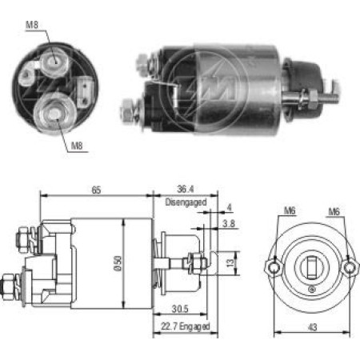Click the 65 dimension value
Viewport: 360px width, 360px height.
(x=96, y=190)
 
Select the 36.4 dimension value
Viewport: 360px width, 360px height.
(x=186, y=189)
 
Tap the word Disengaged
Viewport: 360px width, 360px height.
(x=186, y=202)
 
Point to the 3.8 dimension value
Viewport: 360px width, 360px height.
(x=229, y=223)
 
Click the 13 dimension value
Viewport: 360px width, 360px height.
(x=230, y=263)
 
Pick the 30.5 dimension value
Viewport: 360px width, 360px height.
(x=180, y=309)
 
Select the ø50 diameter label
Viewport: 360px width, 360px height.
(x=118, y=263)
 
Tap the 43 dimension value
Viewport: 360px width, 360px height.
(x=313, y=327)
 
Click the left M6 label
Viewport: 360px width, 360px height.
(x=290, y=210)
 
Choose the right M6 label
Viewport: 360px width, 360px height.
(x=334, y=212)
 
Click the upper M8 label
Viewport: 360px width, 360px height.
(x=32, y=25)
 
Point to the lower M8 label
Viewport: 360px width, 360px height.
(x=77, y=146)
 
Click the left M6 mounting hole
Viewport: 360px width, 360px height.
(x=273, y=267)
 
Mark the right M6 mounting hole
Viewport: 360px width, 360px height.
(x=349, y=267)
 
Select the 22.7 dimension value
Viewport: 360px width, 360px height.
(x=169, y=326)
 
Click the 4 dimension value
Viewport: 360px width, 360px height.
(x=229, y=207)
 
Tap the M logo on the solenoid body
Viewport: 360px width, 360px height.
(x=218, y=88)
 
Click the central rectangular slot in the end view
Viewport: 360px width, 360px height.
(x=311, y=266)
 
